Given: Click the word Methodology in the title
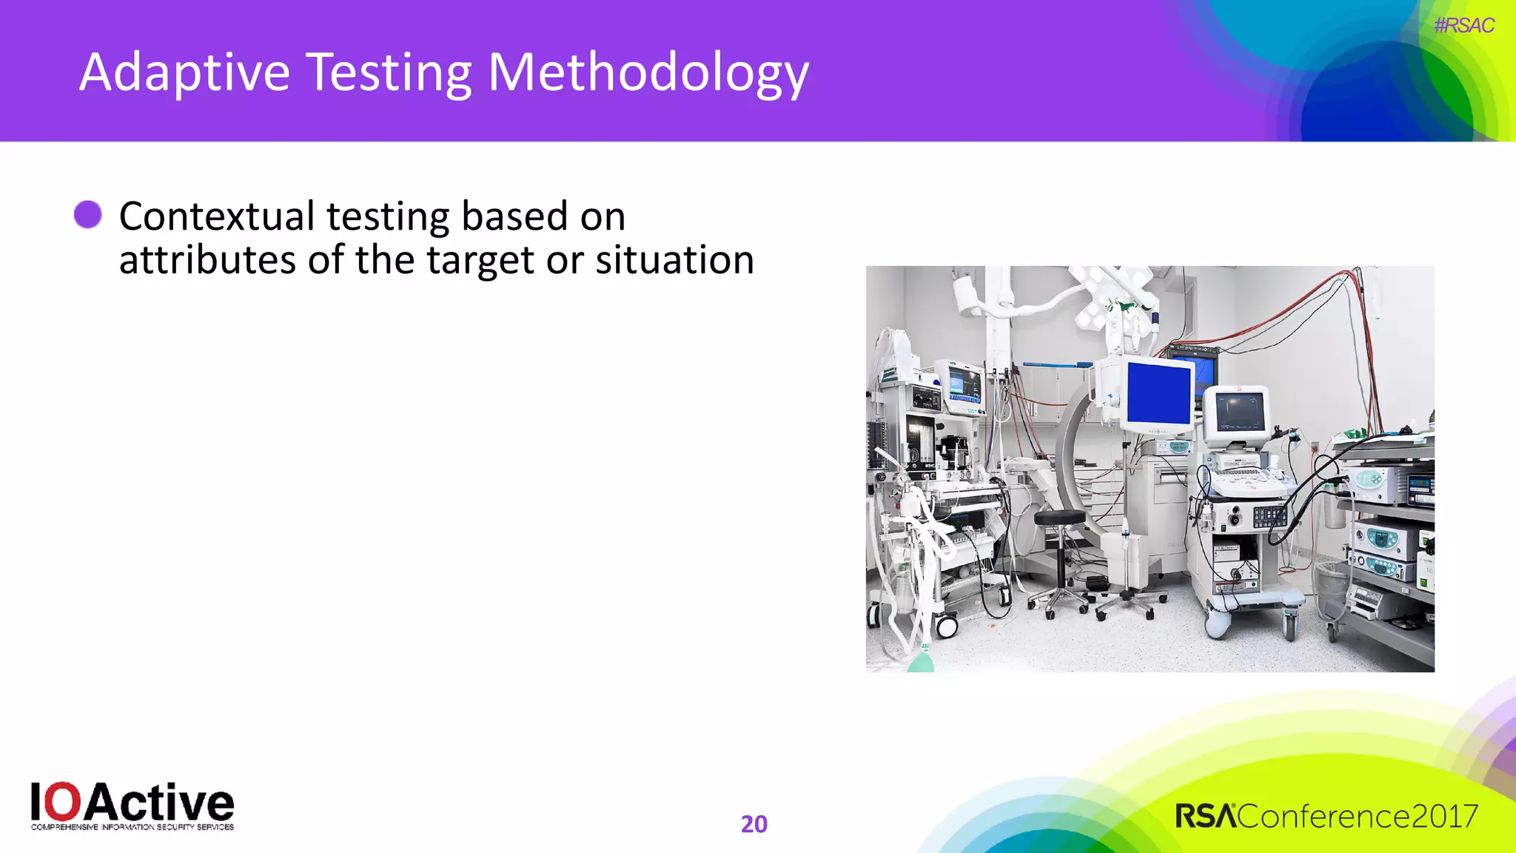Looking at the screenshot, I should click(x=648, y=74).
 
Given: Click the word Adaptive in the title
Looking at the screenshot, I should click(x=184, y=74).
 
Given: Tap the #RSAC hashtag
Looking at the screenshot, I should click(x=1463, y=26).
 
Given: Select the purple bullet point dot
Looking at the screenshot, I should click(x=88, y=215).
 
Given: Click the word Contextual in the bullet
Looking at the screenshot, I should click(x=217, y=217).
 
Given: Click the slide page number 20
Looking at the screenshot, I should click(x=754, y=824).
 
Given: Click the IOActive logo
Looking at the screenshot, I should click(x=133, y=806).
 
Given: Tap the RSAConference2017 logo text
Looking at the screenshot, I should click(x=1326, y=817).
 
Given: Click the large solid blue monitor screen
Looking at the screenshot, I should click(x=1158, y=394).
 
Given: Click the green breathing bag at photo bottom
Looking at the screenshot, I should click(x=921, y=660).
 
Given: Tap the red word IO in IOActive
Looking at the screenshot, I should click(x=56, y=803).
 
